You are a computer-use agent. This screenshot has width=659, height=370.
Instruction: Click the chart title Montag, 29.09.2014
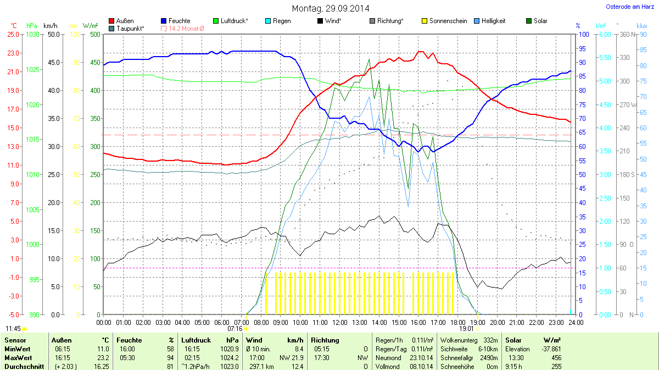[x=330, y=8]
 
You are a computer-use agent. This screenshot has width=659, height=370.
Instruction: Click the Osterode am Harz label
[x=630, y=7]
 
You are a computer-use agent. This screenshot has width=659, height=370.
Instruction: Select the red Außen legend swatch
[x=113, y=21]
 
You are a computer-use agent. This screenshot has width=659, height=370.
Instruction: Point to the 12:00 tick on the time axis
[x=339, y=322]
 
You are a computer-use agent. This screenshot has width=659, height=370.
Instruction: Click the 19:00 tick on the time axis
[x=477, y=322]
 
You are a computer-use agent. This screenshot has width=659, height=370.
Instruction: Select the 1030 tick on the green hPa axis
[x=33, y=34]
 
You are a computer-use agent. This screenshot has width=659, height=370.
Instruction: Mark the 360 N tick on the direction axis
[x=626, y=34]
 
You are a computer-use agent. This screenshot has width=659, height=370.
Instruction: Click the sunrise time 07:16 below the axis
[x=234, y=329]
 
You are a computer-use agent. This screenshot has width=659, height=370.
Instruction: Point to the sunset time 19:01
[x=466, y=329]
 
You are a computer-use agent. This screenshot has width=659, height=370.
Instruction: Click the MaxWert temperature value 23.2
[x=102, y=358]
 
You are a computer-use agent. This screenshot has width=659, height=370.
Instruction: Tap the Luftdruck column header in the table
[x=195, y=340]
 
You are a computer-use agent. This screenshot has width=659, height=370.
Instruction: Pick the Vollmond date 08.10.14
[x=421, y=367]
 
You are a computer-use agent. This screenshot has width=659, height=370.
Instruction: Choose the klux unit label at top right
[x=641, y=25]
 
